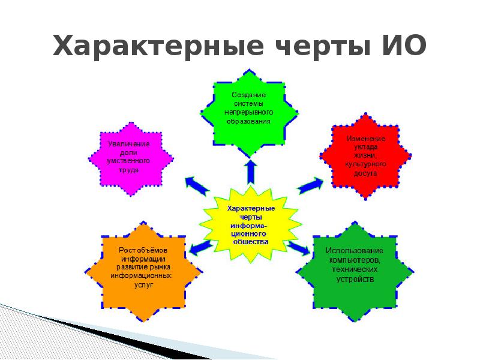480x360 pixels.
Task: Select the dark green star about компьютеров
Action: click(355, 267)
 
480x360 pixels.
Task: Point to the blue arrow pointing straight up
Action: click(250, 170)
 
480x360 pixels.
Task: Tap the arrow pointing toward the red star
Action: click(310, 185)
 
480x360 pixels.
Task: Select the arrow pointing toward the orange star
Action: click(200, 248)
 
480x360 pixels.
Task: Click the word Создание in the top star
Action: click(249, 95)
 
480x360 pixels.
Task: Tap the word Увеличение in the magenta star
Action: click(128, 145)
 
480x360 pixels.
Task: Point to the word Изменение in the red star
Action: click(366, 139)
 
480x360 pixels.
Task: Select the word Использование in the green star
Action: click(354, 250)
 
